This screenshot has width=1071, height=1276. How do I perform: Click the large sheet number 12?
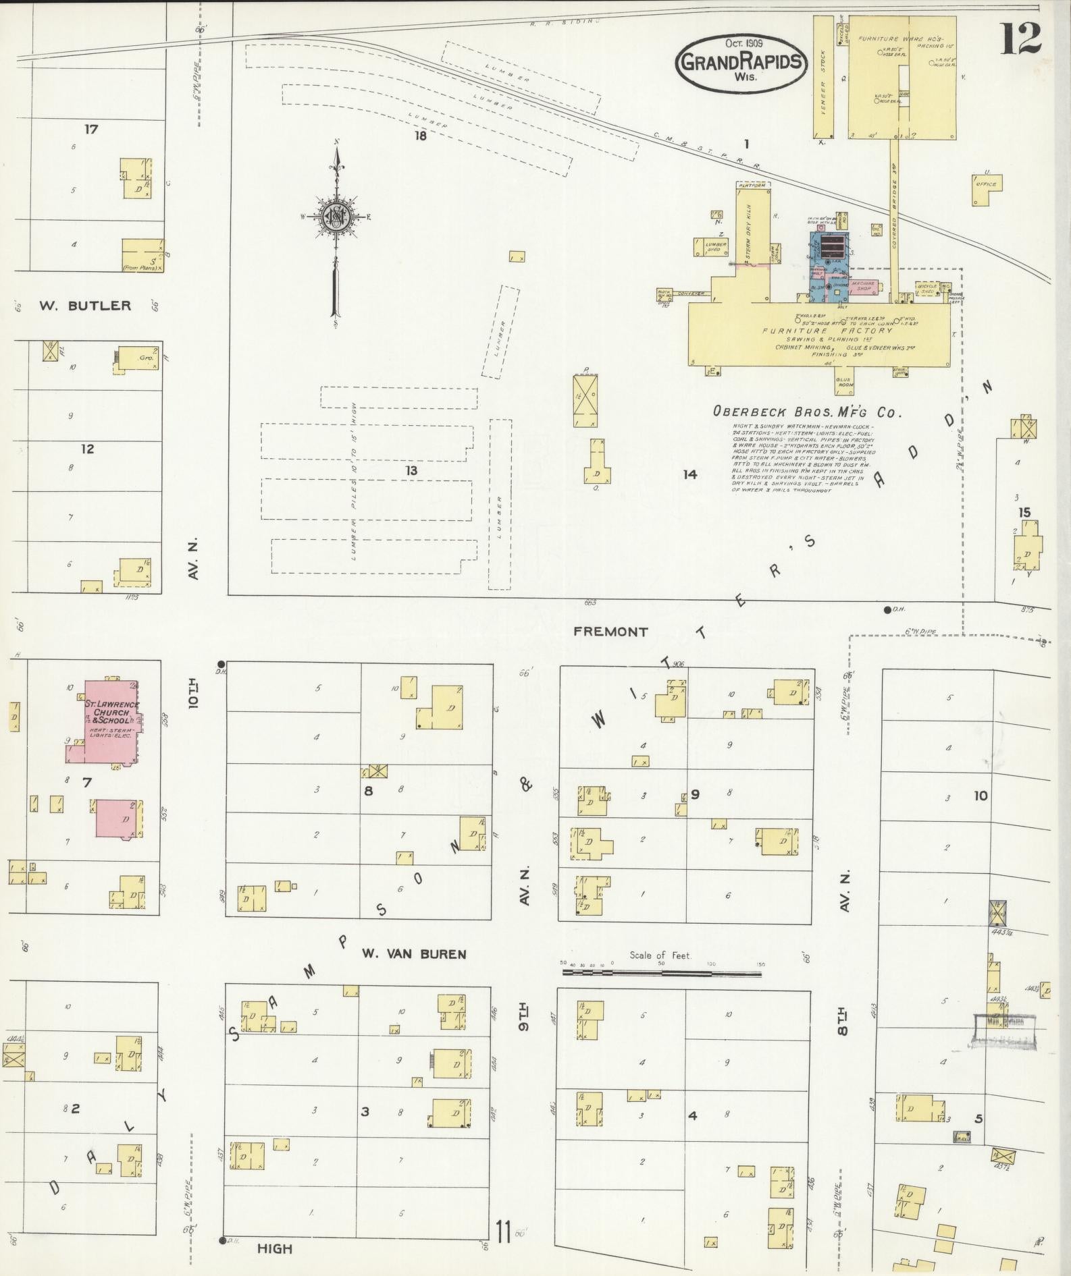(x=1020, y=38)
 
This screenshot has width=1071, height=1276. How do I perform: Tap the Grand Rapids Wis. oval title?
(x=741, y=62)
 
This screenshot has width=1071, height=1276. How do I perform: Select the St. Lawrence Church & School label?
(x=111, y=712)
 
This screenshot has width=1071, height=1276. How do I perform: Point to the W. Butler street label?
(x=84, y=306)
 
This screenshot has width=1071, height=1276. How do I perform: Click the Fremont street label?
(x=610, y=632)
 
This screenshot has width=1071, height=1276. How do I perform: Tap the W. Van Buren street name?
(x=413, y=954)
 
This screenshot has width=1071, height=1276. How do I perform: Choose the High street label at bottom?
(x=275, y=1249)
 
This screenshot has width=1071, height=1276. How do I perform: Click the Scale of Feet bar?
(x=662, y=974)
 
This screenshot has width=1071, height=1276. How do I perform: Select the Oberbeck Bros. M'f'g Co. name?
(x=807, y=412)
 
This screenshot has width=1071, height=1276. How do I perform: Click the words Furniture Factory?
(x=827, y=331)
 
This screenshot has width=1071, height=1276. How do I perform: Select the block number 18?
(x=421, y=135)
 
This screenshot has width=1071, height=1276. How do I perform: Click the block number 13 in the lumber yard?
(x=411, y=470)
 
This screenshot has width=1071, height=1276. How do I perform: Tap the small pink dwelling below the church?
(x=119, y=819)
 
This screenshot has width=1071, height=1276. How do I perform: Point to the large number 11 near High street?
(x=502, y=1231)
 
